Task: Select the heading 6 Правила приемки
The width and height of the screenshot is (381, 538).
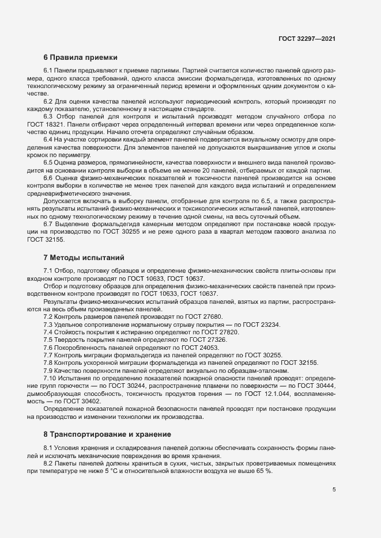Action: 81,58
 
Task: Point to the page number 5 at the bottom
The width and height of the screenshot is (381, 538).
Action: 334,490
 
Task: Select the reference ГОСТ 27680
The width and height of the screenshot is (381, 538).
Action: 203,317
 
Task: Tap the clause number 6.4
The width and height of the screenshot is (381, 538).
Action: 49,139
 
